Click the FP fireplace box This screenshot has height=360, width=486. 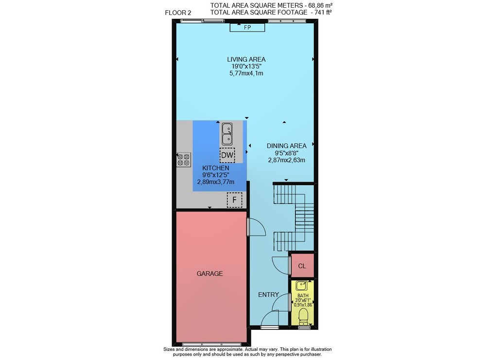click(247, 27)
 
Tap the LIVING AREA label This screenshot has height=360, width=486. click(246, 59)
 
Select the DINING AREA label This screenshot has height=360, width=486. click(287, 146)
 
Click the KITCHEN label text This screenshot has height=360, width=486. click(216, 168)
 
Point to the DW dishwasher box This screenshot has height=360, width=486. click(227, 155)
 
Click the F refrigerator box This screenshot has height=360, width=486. click(235, 200)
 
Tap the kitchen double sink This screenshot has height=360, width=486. click(227, 134)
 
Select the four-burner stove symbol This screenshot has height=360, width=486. click(184, 159)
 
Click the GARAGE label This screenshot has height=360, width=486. click(209, 274)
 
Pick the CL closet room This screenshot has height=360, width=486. click(302, 266)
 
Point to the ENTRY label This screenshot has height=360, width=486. click(268, 294)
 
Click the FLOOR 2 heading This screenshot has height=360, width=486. click(178, 13)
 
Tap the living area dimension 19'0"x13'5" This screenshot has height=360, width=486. click(246, 66)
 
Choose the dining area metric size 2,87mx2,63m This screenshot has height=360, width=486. click(287, 160)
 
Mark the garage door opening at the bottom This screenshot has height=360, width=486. click(211, 344)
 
